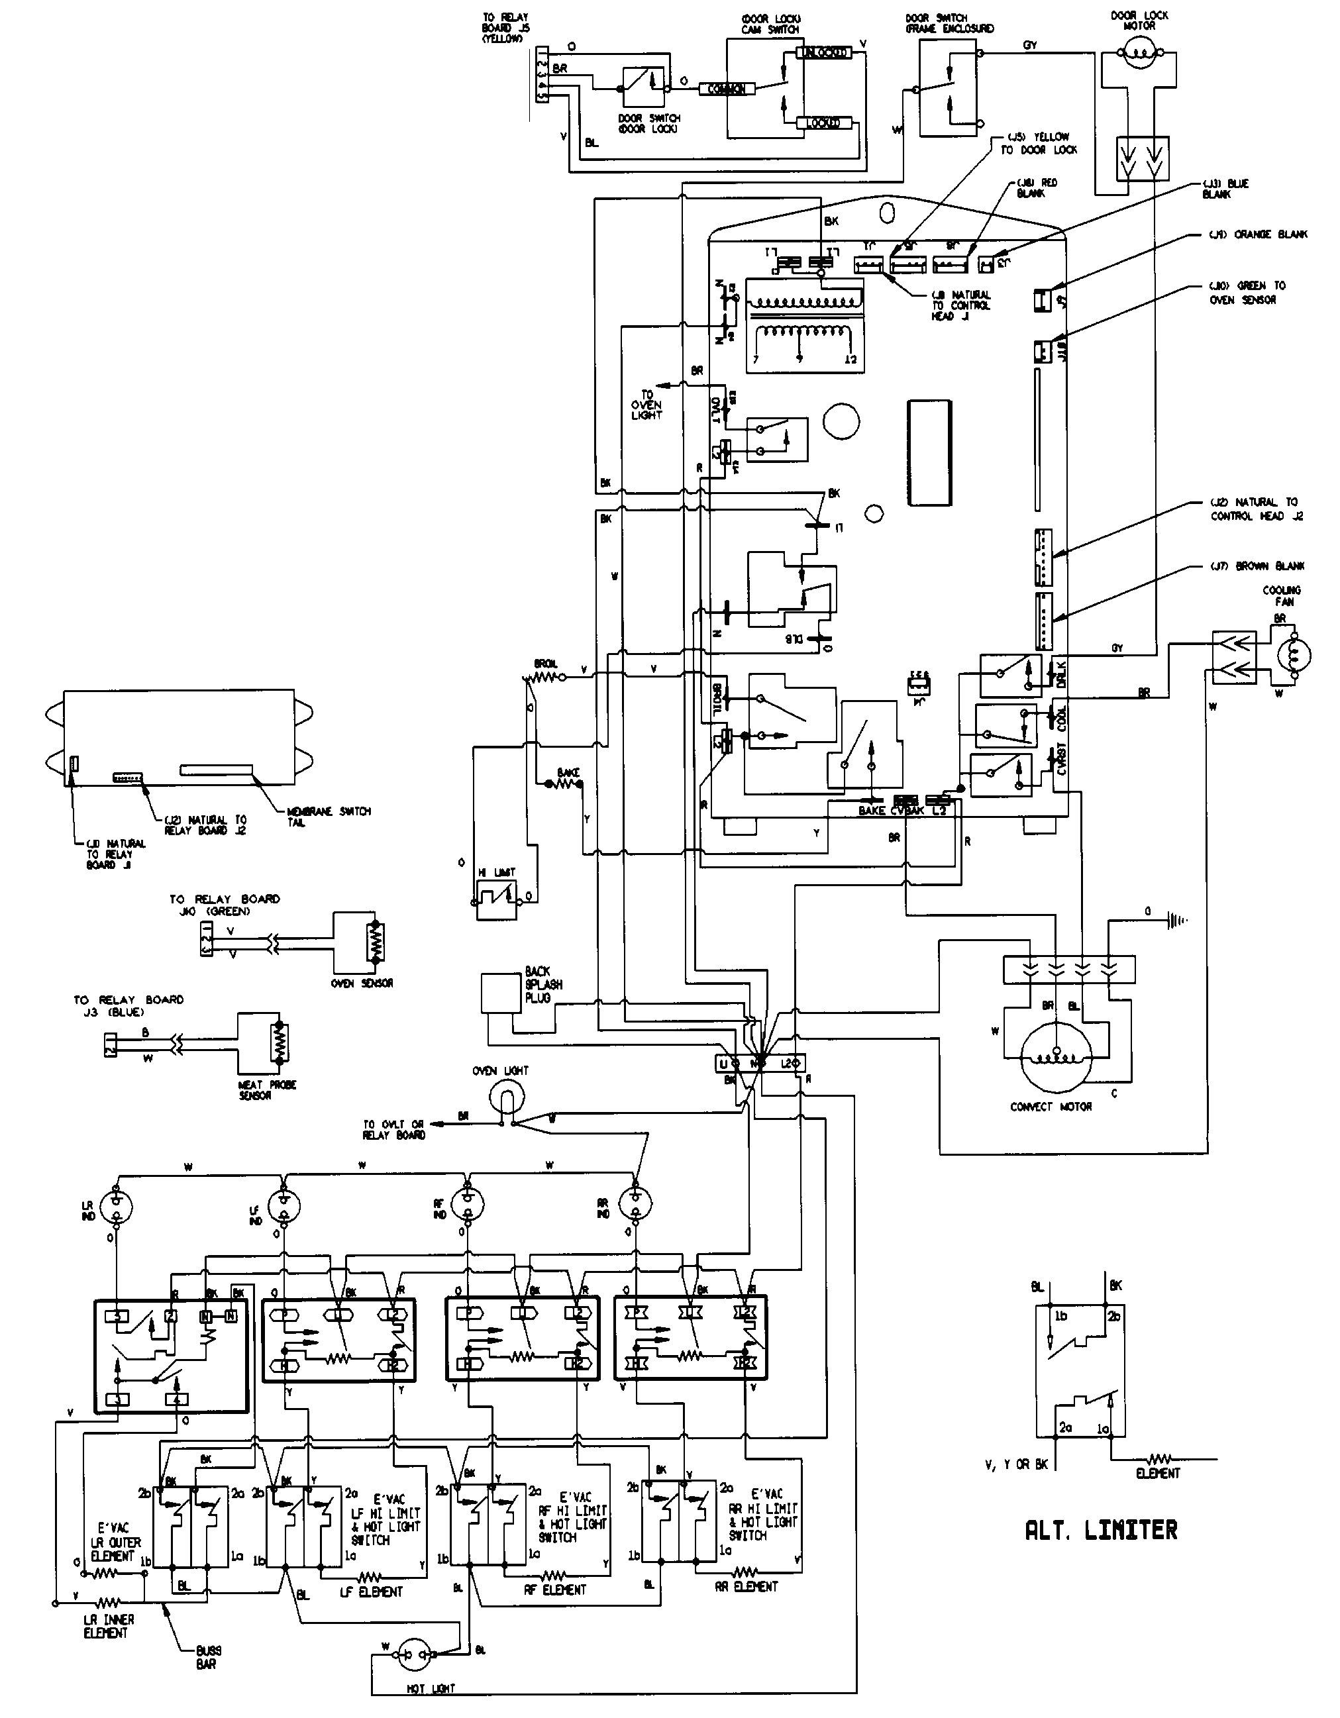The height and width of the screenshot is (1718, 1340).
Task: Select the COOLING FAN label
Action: (x=1282, y=595)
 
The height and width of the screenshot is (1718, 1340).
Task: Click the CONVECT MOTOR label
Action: (x=1051, y=1106)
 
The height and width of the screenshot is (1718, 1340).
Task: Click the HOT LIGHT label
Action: (x=431, y=1710)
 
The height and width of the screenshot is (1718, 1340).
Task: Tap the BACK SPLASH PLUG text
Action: (x=543, y=984)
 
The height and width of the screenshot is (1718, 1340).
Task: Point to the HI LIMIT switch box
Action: (x=497, y=897)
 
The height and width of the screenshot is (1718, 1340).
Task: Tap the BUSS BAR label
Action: (x=206, y=1656)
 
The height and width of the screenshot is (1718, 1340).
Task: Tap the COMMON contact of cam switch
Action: (x=726, y=89)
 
